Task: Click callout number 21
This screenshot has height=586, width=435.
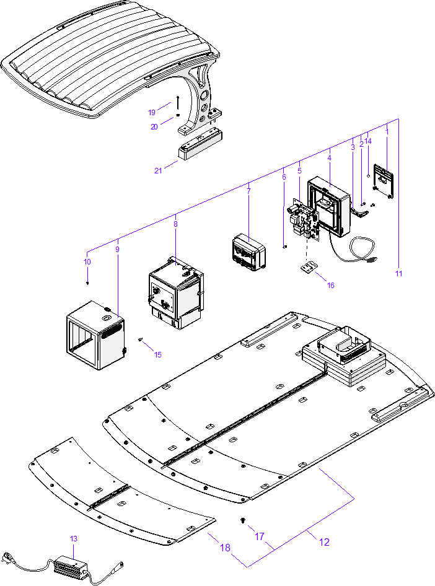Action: point(158,171)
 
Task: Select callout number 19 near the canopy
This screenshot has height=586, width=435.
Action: point(152,112)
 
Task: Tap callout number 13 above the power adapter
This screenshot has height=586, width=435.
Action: point(74,539)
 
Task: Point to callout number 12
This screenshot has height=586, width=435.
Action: point(324,542)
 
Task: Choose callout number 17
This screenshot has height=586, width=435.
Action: point(259,536)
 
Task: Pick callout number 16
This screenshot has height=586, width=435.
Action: point(330,286)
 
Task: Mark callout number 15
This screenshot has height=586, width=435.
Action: point(158,355)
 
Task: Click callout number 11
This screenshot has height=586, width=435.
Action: point(398,273)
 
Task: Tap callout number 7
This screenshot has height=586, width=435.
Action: point(248,191)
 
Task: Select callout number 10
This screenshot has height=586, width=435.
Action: point(87,262)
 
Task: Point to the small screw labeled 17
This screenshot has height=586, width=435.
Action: point(243,521)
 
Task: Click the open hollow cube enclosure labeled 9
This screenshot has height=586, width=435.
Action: point(95,335)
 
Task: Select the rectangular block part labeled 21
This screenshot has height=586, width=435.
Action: point(201,149)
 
